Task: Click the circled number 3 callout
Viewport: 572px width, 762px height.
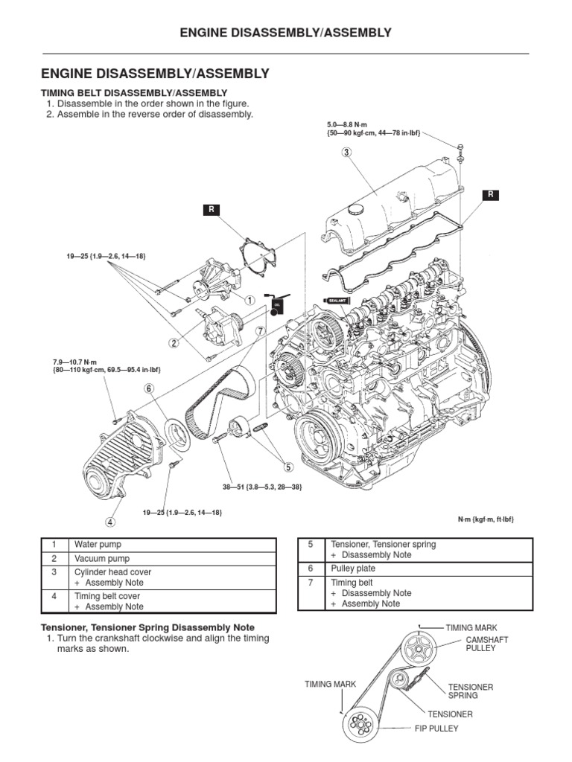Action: coord(346,153)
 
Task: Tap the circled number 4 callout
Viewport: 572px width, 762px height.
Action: coord(110,522)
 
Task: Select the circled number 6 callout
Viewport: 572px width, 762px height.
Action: coord(149,388)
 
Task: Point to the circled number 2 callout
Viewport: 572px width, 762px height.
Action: coord(174,343)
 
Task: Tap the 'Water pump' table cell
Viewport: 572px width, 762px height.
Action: coord(93,544)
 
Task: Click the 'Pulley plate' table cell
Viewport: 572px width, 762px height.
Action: coord(352,568)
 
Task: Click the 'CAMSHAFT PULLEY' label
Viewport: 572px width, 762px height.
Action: coord(481,644)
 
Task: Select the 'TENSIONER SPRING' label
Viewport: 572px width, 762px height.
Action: coord(470,691)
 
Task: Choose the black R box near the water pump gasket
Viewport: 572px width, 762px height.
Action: coord(211,210)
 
